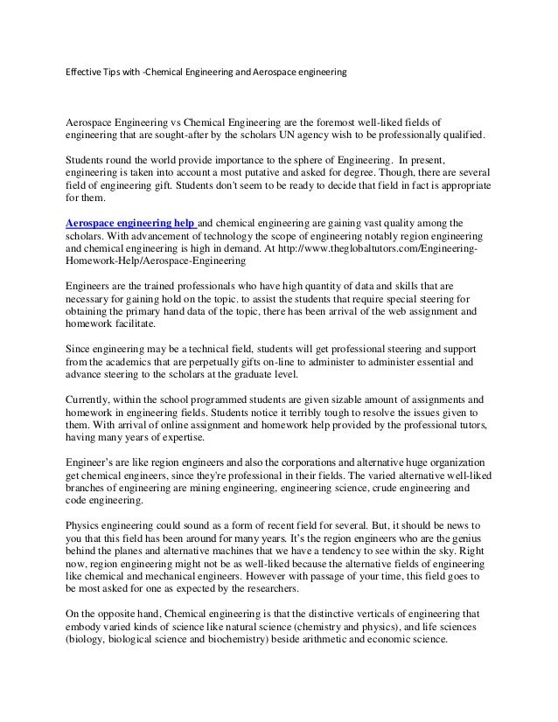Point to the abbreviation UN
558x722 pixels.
pos(309,138)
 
